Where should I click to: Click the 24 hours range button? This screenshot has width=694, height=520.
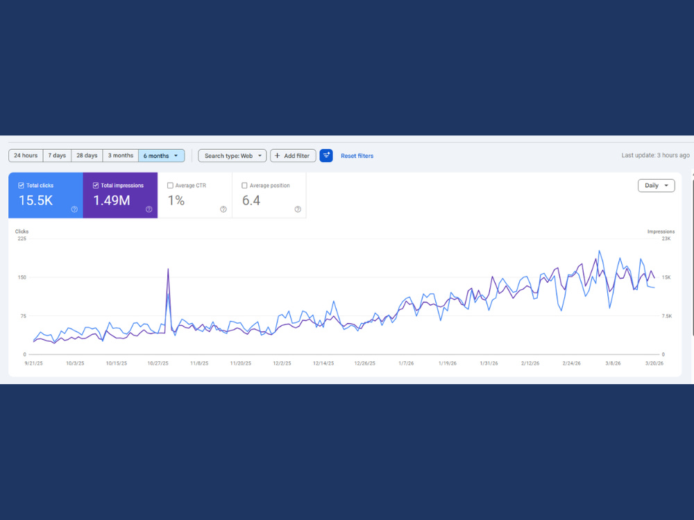[x=26, y=155]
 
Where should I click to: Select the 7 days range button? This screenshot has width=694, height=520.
[x=57, y=155]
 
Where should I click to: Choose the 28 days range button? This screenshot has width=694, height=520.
[x=87, y=155]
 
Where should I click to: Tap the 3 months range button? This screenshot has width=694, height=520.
[x=120, y=155]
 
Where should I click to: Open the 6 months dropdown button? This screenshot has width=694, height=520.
[x=162, y=155]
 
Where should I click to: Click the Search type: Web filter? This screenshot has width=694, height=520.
[x=232, y=155]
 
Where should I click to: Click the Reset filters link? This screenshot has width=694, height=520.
[x=357, y=156]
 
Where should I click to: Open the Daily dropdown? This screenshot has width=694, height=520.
[x=657, y=186]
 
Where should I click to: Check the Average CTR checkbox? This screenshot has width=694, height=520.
[x=170, y=186]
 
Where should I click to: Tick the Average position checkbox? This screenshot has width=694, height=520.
[x=244, y=186]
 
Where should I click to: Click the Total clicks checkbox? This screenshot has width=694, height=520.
[x=21, y=186]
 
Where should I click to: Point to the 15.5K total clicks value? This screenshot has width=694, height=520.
[x=36, y=201]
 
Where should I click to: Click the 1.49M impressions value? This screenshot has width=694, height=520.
[x=112, y=201]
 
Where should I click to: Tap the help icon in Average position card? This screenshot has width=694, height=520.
[x=298, y=209]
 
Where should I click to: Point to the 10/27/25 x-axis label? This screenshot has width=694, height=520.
[x=158, y=363]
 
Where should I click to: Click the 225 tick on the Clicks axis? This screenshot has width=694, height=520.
[x=22, y=239]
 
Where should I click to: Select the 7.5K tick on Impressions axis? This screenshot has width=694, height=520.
[x=666, y=316]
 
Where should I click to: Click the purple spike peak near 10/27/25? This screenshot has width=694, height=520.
[x=168, y=269]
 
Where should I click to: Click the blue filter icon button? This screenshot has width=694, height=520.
[x=326, y=155]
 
